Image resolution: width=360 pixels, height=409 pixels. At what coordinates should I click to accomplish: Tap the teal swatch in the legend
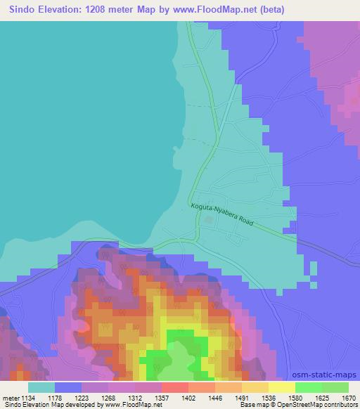(x=41, y=387)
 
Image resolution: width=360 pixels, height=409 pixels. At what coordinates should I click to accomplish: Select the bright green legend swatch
(x=308, y=387)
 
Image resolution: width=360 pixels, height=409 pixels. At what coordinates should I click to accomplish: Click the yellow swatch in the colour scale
(x=281, y=387)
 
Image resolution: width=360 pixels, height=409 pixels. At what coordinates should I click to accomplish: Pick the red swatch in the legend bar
(x=174, y=387)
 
